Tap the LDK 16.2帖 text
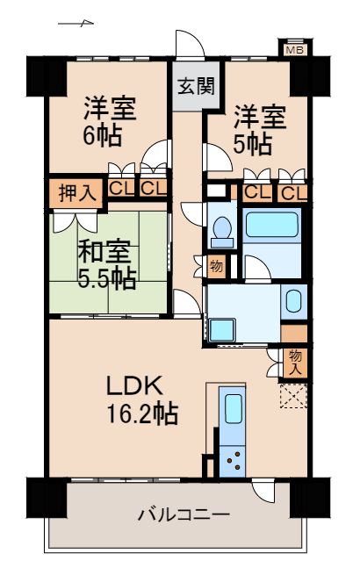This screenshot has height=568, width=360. [x=140, y=399]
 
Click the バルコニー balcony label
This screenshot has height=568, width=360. [x=183, y=514]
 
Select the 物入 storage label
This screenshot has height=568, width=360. [x=295, y=361]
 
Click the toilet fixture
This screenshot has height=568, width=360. [x=220, y=230]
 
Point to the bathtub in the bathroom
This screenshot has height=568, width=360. [x=272, y=226]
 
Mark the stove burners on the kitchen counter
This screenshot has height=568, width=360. [x=233, y=457]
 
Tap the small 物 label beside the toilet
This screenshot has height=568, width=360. [x=216, y=265]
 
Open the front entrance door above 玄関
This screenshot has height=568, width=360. [x=187, y=46]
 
